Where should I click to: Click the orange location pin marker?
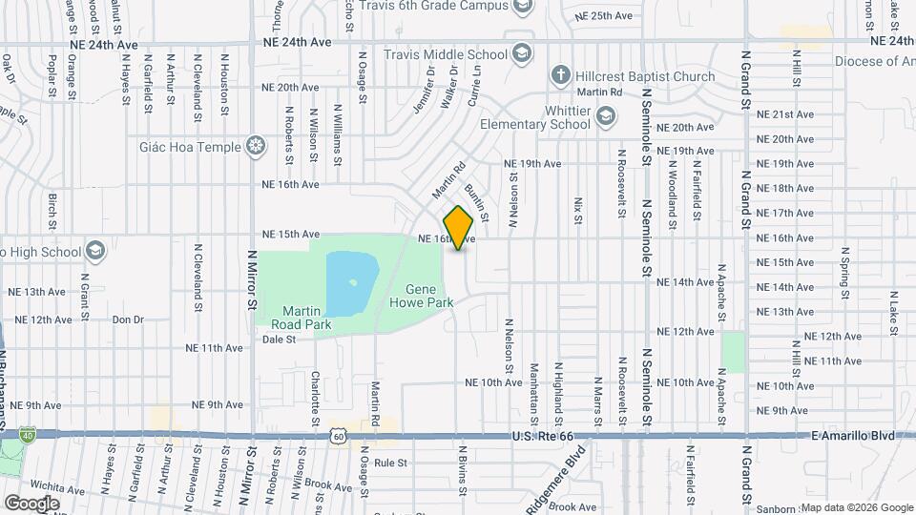(x=459, y=228)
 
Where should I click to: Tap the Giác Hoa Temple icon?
(x=256, y=146)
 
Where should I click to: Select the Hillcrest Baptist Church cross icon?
(x=561, y=76)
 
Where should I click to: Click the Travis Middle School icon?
(x=521, y=52)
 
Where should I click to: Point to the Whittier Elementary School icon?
(x=605, y=116)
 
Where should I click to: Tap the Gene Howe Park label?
(x=420, y=296)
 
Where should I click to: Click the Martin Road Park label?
(x=306, y=318)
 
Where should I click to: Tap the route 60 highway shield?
(x=339, y=436)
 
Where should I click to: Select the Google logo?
(x=31, y=503)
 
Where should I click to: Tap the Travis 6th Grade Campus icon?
(x=522, y=8)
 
